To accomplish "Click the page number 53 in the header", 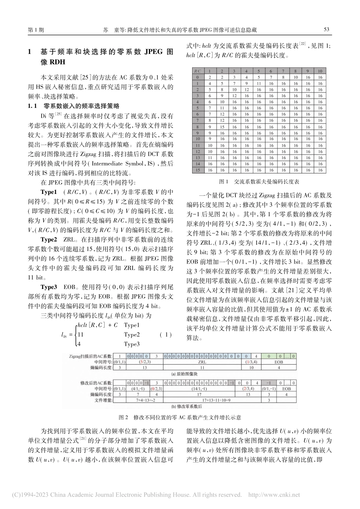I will click(326, 30).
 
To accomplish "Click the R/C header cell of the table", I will click(197, 71).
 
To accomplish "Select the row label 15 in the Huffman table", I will click(197, 170).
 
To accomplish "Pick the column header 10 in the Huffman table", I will click(320, 71).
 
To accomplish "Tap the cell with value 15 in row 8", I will click(222, 127).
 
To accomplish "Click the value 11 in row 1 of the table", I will click(258, 83).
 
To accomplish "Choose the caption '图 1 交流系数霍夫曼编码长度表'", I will click(259, 182).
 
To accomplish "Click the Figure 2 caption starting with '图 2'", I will click(180, 417).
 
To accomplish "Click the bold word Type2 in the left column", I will click(49, 240).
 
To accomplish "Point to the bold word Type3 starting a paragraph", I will click(49, 287).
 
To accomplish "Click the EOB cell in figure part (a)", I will click(279, 362).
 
